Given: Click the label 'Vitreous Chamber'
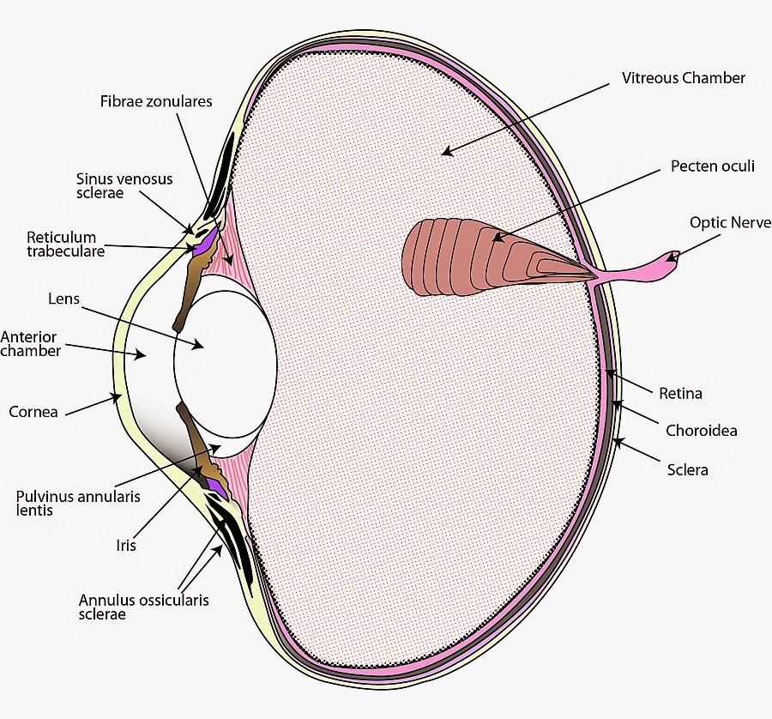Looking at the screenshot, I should pyautogui.click(x=684, y=78).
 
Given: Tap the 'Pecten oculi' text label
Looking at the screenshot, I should pyautogui.click(x=712, y=166).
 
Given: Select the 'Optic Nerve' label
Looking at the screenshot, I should pyautogui.click(x=730, y=222).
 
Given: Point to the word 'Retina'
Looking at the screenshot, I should pyautogui.click(x=680, y=394).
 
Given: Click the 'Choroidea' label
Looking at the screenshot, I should pyautogui.click(x=701, y=431).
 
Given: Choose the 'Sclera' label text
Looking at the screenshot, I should pyautogui.click(x=687, y=470).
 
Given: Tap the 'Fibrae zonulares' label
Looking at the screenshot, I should pyautogui.click(x=155, y=101).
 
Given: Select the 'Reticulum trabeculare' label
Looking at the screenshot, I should pyautogui.click(x=65, y=244).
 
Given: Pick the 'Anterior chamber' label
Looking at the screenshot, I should pyautogui.click(x=31, y=343).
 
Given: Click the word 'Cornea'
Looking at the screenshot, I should pyautogui.click(x=33, y=412).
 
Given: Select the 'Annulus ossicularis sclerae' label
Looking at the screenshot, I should pyautogui.click(x=143, y=607).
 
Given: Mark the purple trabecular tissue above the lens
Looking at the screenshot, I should pyautogui.click(x=205, y=248).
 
